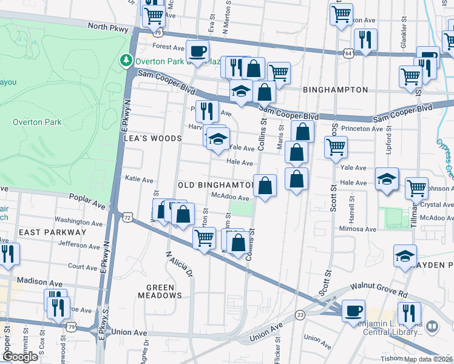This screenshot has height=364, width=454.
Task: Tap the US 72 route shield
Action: point(126,217)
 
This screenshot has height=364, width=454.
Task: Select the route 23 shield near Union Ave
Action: point(300,314)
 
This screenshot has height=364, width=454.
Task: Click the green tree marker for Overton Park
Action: point(126,60)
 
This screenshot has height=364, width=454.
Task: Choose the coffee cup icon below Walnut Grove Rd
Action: point(353,311)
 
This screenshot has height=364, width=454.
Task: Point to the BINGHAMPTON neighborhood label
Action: point(336,90)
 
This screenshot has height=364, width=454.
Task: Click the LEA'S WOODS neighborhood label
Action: point(153,138)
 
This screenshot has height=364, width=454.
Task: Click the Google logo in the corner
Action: point(20,357)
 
